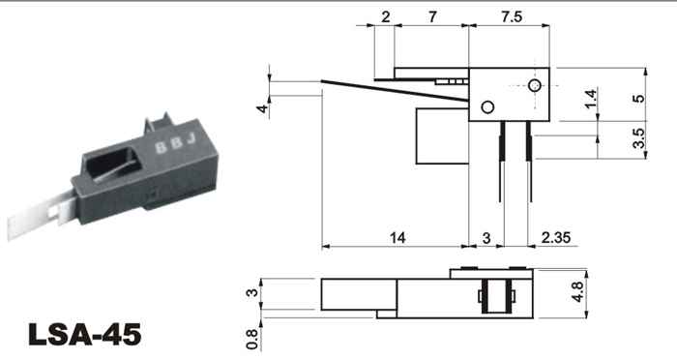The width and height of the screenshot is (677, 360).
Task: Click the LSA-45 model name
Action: pyautogui.click(x=85, y=334)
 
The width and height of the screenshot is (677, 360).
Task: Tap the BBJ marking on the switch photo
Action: pyautogui.click(x=176, y=143)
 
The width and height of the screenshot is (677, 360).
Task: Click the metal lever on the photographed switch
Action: pyautogui.click(x=40, y=216)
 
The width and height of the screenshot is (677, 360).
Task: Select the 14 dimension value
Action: pyautogui.click(x=397, y=237)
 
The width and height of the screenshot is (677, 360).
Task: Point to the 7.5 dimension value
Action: pyautogui.click(x=512, y=16)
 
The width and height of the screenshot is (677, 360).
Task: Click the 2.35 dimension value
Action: pyautogui.click(x=556, y=237)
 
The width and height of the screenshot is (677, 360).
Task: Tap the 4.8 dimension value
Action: pyautogui.click(x=577, y=292)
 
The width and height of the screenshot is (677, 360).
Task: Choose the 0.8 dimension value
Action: pyautogui.click(x=251, y=340)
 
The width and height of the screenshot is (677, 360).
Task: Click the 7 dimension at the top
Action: pyautogui.click(x=432, y=16)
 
